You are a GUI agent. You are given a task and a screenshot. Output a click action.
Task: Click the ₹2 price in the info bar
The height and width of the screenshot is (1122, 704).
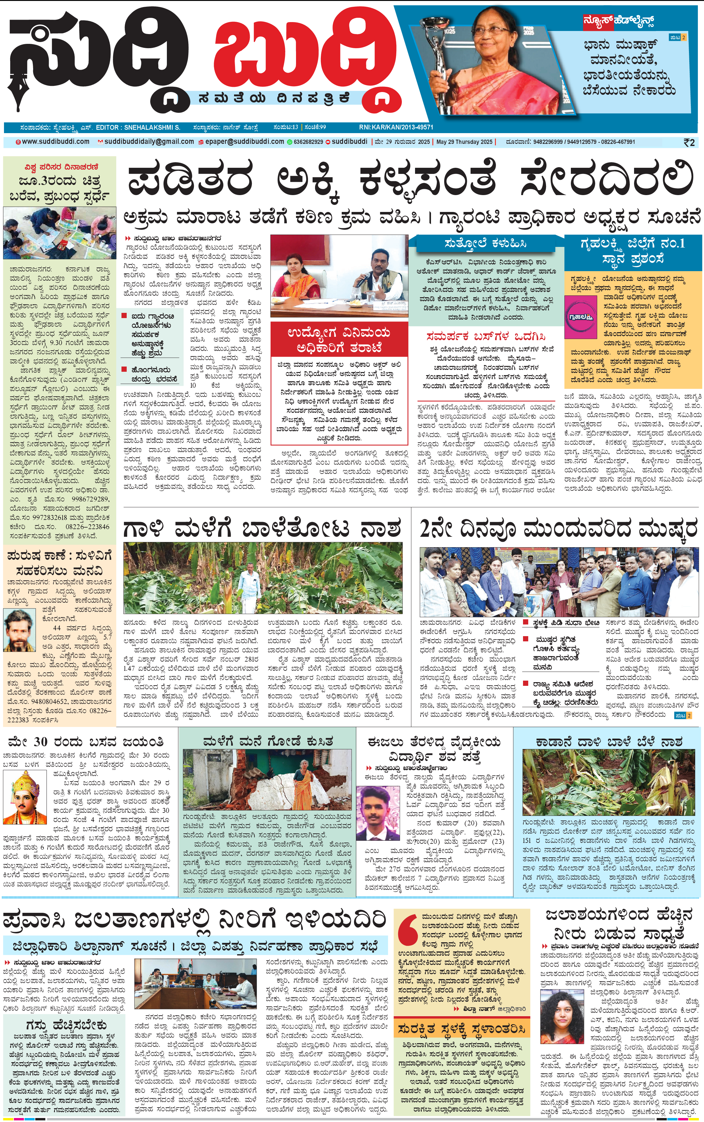(689, 142)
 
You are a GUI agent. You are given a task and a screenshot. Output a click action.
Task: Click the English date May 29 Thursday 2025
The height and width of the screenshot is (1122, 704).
(464, 141)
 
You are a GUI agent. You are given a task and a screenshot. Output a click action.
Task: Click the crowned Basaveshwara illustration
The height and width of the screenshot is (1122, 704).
(22, 796)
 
